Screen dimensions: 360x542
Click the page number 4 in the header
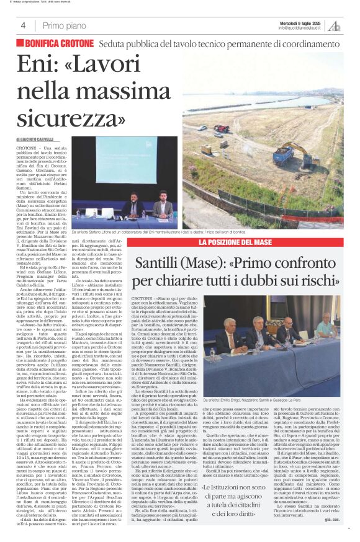point(23,25)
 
